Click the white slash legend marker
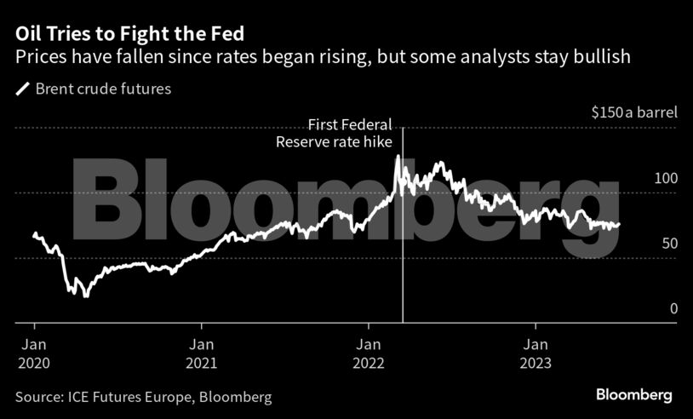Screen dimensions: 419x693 pos(22,89)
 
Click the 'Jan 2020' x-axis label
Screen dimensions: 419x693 pos(34,353)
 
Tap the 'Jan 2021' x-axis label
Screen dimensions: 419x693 pos(202,353)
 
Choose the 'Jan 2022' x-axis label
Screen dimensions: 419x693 pos(369,353)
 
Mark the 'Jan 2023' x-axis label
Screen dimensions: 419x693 pos(535,353)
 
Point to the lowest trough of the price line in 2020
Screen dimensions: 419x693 pos(84,296)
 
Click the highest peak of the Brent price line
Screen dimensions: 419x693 pos(398,157)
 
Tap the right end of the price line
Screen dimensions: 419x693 pos(620,225)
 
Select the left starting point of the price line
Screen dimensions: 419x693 pos(34,233)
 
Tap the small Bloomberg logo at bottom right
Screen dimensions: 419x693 pos(633,395)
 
